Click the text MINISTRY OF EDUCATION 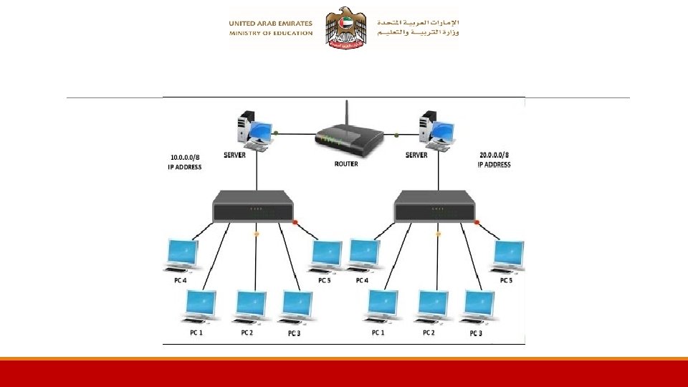[x=271, y=33]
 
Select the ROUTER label [x=346, y=163]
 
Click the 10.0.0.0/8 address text [x=186, y=156]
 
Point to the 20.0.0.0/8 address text [x=494, y=155]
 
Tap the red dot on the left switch [x=295, y=222]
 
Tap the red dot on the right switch [x=477, y=222]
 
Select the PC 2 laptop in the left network [x=251, y=307]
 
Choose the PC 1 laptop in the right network [x=382, y=307]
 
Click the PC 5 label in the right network [x=506, y=280]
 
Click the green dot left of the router [x=276, y=133]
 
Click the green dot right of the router [x=396, y=134]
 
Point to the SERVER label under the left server [x=235, y=155]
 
